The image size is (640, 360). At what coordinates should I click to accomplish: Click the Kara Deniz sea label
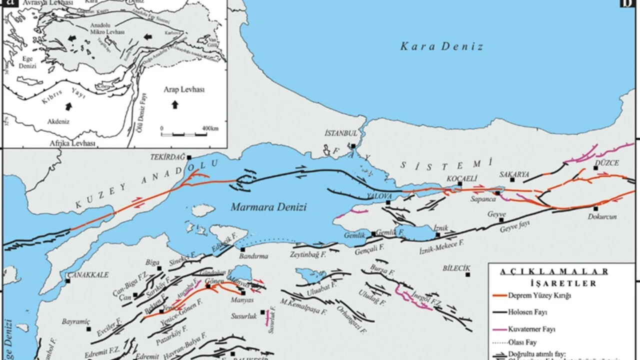441,47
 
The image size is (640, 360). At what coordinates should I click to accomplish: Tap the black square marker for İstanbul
353,146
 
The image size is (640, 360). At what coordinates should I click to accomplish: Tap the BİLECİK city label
456,268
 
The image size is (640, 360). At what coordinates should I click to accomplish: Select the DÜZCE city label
607,163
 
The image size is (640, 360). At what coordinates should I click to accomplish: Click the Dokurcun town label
602,216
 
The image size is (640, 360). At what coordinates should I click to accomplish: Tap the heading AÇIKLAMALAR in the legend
554,271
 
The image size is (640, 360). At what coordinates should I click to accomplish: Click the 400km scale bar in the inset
182,134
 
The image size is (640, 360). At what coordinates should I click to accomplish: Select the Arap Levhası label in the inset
184,89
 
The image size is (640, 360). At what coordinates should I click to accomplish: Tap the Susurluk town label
243,316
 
